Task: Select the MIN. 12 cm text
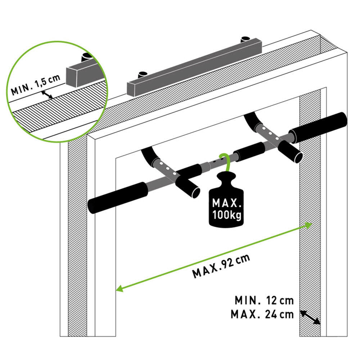(x=264, y=300)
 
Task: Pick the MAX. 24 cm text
(x=262, y=314)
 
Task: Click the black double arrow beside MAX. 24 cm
(x=310, y=318)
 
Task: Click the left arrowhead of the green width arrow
(x=119, y=288)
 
